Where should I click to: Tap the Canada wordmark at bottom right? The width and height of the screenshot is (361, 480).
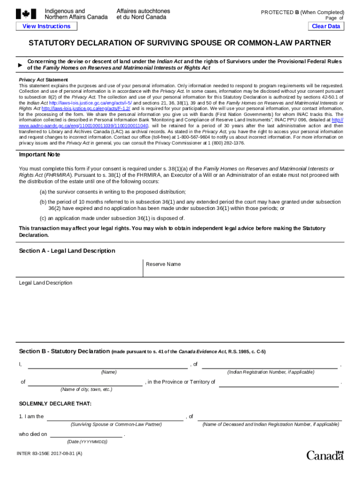pos(325,455)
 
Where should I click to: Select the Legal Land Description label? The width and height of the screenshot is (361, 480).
pos(45,283)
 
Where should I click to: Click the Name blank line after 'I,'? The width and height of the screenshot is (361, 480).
pos(108,365)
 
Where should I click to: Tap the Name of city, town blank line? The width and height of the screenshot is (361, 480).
pos(85,382)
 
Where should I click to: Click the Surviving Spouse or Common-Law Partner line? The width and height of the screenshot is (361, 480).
pos(115,417)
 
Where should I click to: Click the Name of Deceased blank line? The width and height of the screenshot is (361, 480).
pos(270,417)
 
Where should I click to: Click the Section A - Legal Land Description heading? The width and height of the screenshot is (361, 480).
pos(67,251)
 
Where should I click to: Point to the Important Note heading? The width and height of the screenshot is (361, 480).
pos(39,155)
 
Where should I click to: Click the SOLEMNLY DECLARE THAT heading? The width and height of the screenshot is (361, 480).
pos(55,404)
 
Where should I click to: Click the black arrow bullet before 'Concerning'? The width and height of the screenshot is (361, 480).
pos(20,65)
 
